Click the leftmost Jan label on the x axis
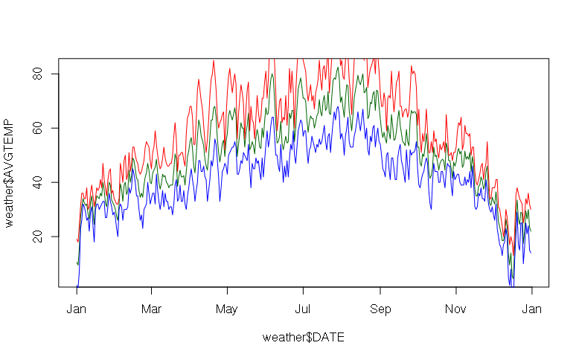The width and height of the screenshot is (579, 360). pos(77,309)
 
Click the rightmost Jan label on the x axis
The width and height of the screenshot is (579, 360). pos(531,309)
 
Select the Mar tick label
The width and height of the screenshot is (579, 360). pos(151,309)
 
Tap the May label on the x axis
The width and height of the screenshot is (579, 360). pos(227,309)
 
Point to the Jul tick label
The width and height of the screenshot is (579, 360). pos(303,309)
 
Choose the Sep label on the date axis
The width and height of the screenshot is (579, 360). pos(380,309)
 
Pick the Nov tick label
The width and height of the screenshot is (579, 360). pos(456,309)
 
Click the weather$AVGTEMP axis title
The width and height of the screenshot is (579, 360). pos(10,173)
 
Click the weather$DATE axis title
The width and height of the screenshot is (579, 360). pos(303,338)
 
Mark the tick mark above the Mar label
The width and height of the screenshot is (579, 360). pos(151,290)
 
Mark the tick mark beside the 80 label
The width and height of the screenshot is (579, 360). pos(55,74)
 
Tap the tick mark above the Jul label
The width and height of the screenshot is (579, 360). pos(303,290)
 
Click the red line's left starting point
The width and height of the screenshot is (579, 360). pos(77,240)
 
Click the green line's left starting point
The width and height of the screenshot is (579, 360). pos(77,263)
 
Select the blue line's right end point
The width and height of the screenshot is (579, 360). pos(531,254)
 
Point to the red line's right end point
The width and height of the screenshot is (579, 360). pos(531,209)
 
